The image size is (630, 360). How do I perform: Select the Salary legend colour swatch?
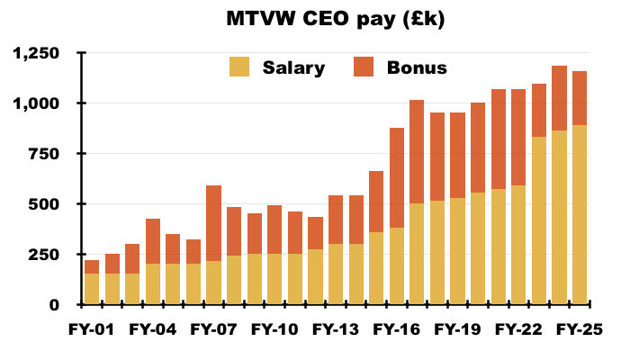(240, 67)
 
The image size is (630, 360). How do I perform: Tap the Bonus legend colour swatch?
(364, 67)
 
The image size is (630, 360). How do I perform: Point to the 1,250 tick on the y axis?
(37, 54)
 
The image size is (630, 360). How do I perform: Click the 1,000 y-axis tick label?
(37, 103)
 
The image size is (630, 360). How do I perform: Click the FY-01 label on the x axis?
(92, 329)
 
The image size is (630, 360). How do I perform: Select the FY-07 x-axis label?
(213, 329)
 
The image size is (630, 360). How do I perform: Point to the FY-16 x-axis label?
(396, 329)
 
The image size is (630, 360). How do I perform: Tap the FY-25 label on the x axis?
(579, 329)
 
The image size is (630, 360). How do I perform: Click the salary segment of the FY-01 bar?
(92, 288)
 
